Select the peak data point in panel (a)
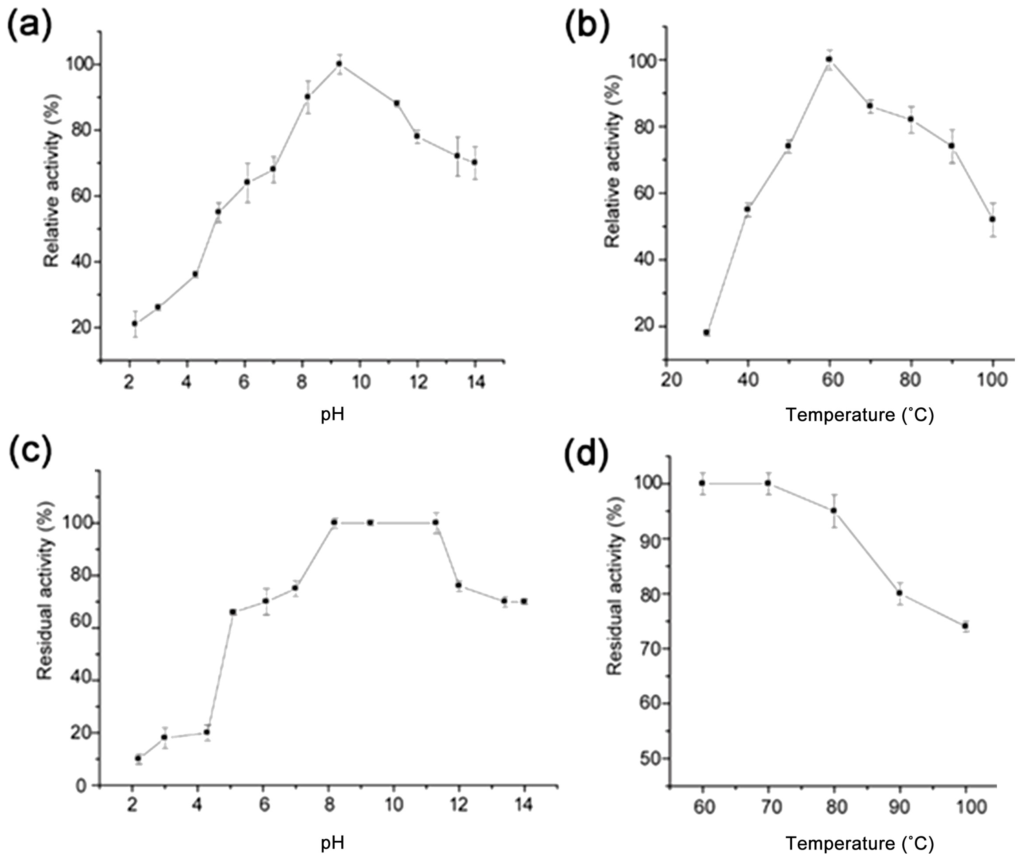coord(339,64)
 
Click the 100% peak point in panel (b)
coord(829,59)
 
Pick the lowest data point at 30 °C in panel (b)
coord(707,332)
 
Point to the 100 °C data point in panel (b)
coord(993,219)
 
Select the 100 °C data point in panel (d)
coord(965,626)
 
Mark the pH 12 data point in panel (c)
coord(459,586)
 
